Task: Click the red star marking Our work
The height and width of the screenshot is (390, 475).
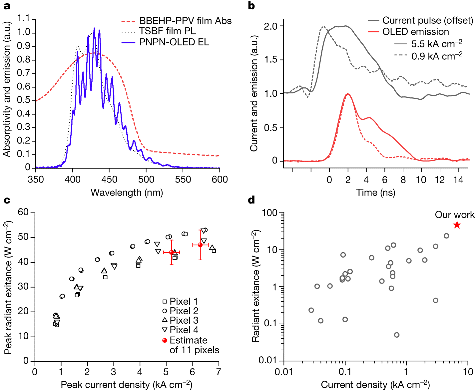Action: pos(457,225)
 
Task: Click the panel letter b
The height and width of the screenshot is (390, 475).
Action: pos(251,6)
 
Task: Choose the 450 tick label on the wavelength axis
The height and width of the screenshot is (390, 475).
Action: pos(109,179)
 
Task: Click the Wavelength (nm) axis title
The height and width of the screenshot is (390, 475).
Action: pos(127,192)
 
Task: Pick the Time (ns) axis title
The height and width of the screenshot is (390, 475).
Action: pos(375,192)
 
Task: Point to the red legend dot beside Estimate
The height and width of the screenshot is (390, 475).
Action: pos(165,340)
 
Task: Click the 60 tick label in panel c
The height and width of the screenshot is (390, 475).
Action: pos(23,212)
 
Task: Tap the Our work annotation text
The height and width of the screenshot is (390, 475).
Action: pos(454,215)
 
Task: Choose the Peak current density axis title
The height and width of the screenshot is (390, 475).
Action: pos(127,385)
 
